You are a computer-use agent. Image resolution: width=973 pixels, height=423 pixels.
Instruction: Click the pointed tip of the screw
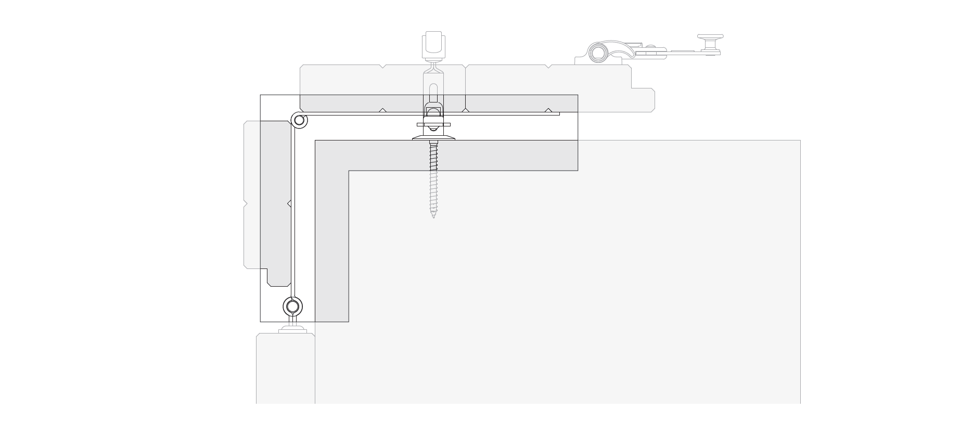click(x=433, y=216)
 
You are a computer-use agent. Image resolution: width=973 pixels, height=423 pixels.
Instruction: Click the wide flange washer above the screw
click(x=433, y=138)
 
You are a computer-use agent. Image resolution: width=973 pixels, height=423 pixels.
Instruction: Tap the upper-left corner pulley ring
click(x=299, y=121)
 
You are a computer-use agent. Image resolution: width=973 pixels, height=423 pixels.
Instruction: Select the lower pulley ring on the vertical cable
click(x=293, y=306)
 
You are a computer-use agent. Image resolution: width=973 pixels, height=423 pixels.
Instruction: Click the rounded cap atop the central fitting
click(x=433, y=42)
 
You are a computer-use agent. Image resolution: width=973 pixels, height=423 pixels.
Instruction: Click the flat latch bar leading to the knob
click(x=682, y=52)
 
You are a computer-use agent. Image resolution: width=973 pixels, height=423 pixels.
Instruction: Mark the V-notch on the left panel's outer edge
click(x=245, y=203)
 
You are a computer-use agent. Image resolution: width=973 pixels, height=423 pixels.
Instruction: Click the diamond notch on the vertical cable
click(x=289, y=203)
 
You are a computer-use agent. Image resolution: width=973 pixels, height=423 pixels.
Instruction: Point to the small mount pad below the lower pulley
click(x=293, y=330)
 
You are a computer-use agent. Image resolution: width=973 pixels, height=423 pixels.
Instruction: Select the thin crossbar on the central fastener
click(x=433, y=125)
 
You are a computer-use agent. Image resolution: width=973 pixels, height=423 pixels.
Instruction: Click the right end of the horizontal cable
click(x=558, y=113)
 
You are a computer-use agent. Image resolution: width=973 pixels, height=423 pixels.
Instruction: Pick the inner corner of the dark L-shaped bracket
click(x=349, y=171)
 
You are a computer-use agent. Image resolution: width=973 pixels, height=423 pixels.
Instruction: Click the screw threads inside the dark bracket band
click(x=433, y=156)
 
